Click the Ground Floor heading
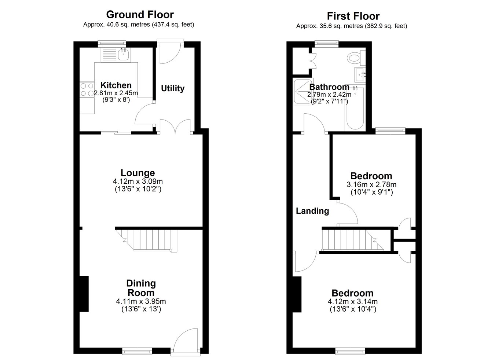140,15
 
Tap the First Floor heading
353,16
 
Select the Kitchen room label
116,85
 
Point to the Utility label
173,88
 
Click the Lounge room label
137,173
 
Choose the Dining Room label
141,288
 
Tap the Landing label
312,211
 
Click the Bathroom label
329,87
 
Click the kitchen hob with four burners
87,90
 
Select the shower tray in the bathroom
303,92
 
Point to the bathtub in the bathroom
355,108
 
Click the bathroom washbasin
360,74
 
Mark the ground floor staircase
146,240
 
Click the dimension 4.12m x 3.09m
138,182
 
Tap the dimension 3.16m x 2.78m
371,184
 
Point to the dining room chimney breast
84,294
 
